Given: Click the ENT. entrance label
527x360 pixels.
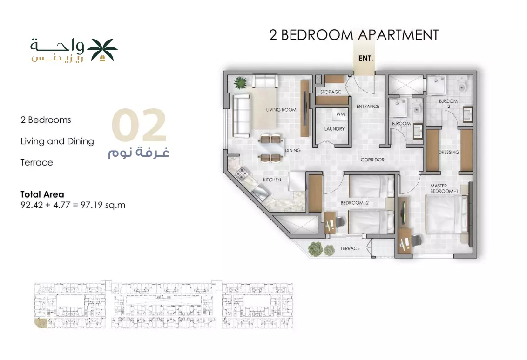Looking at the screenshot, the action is [365, 59].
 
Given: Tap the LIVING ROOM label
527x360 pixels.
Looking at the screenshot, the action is [281, 110].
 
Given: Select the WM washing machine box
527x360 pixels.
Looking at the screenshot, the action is [340, 114].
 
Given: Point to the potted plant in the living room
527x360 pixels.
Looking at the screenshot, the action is [240, 83].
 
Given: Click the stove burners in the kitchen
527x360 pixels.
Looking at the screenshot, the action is [241, 173].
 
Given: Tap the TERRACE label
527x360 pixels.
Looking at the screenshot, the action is [350, 248].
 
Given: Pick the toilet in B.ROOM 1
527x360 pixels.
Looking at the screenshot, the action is [417, 108].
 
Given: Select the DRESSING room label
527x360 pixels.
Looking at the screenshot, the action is [449, 153].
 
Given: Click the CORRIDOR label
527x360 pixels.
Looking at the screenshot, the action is [372, 160].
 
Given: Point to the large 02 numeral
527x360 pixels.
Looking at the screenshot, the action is [139, 125].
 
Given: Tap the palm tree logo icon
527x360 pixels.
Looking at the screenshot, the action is [102, 50].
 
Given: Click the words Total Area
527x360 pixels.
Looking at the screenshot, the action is [42, 194].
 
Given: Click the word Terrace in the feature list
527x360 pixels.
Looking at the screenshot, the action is [37, 162].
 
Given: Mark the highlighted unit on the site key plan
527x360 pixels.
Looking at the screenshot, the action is [41, 323].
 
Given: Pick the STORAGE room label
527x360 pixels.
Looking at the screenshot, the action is [331, 92].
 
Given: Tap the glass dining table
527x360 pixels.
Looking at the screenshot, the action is [270, 148].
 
